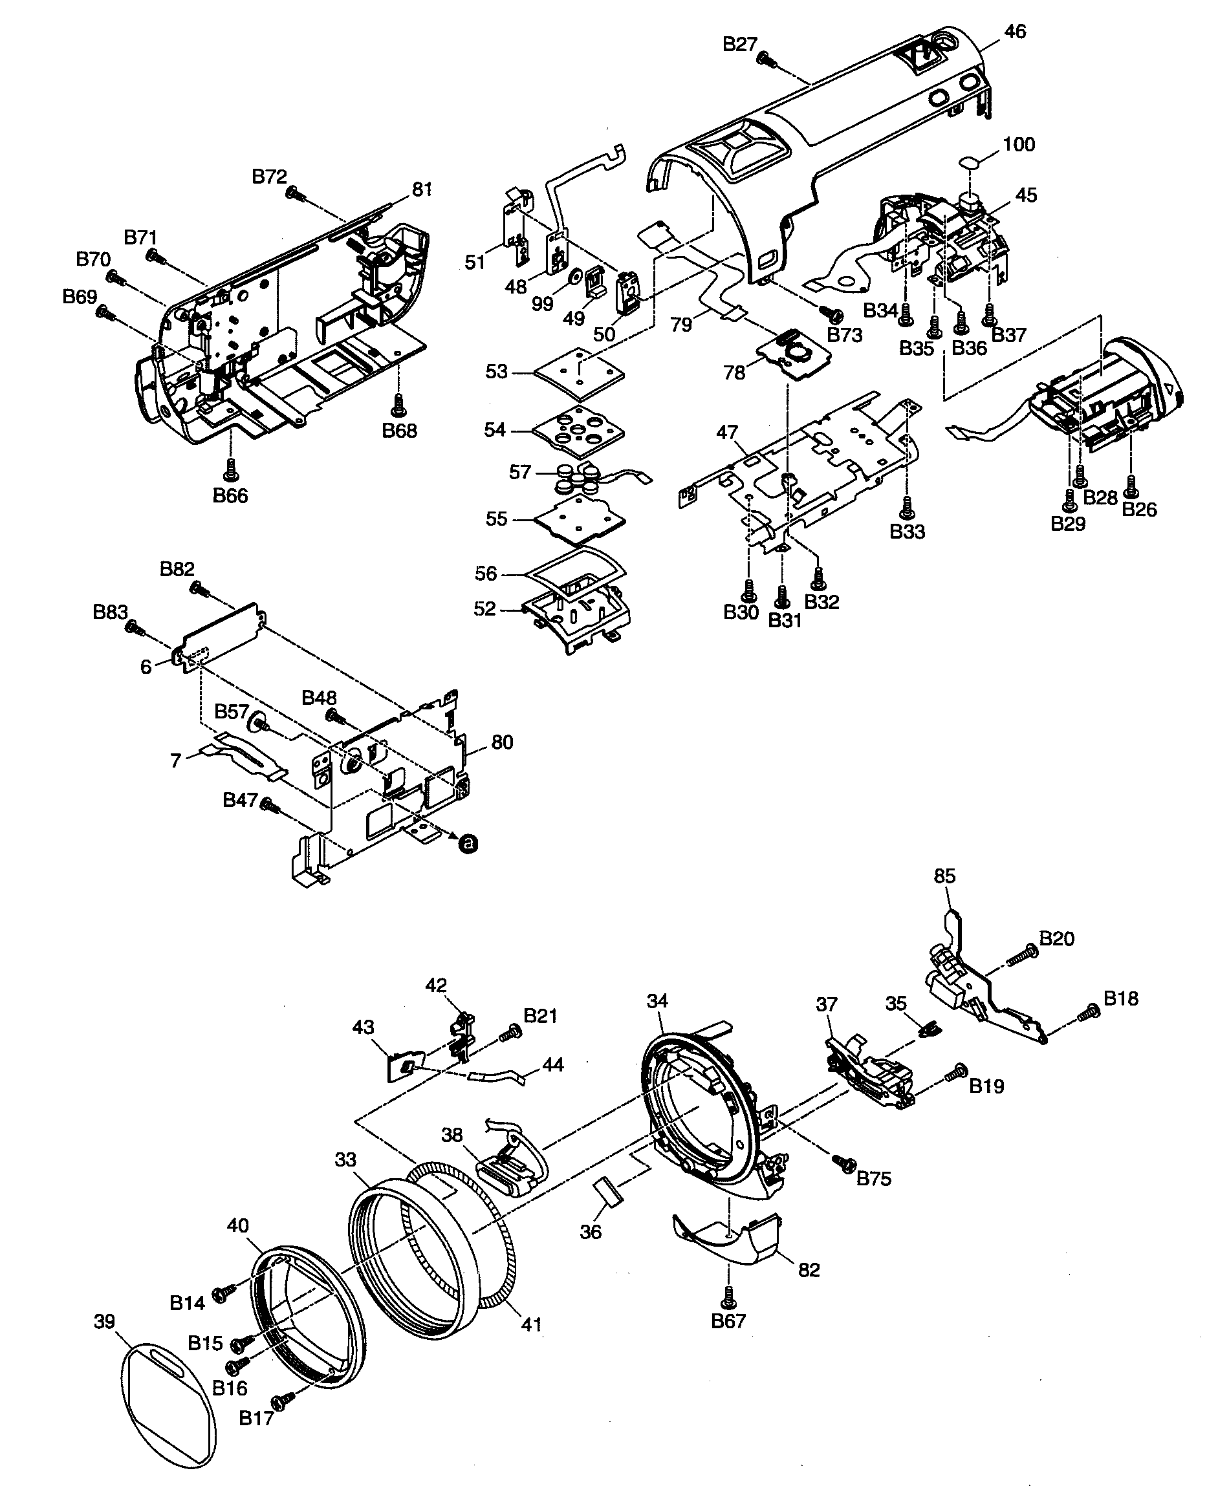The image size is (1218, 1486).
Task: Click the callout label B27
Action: click(739, 45)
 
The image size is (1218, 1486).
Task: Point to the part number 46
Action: click(1014, 32)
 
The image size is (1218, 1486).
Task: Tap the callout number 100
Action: click(1019, 144)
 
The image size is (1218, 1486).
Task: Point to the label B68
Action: click(399, 431)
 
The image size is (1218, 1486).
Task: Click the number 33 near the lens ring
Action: click(345, 1160)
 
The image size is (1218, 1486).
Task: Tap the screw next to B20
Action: click(1023, 956)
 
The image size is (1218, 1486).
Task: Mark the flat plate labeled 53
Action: click(578, 371)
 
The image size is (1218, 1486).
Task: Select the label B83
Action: click(110, 612)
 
